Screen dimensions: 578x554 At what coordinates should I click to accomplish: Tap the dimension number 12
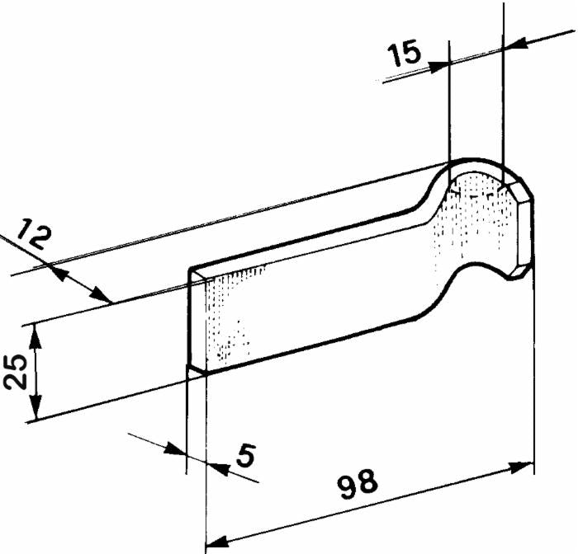[33, 234]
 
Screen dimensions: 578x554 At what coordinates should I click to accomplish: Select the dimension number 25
[16, 371]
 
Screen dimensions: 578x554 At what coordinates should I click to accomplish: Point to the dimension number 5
[245, 456]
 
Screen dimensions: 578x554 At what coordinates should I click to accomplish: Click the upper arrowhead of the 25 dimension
[35, 335]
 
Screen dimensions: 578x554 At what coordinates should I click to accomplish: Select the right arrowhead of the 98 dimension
[522, 467]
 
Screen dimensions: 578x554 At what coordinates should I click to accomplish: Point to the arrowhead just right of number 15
[438, 65]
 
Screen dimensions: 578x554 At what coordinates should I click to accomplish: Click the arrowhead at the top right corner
[514, 44]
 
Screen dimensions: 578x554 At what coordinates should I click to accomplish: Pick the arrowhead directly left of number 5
[175, 448]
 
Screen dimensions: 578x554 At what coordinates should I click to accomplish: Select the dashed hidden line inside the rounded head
[474, 193]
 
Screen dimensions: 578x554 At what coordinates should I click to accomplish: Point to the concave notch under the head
[479, 272]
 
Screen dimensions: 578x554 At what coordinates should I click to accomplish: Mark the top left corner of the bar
[189, 270]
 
